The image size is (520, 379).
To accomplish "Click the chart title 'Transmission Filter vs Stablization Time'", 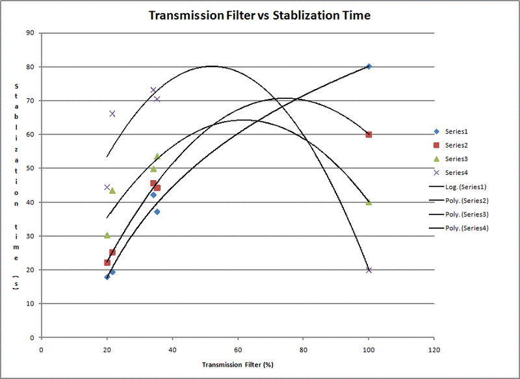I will tap(259, 15).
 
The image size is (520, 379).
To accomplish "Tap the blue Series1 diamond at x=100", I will tap(369, 66).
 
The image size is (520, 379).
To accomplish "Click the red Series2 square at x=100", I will tap(369, 135).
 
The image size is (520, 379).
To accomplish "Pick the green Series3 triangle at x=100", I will tap(369, 202).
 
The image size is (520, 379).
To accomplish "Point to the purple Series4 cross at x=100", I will tap(369, 270).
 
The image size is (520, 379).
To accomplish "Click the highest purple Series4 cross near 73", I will tap(153, 90).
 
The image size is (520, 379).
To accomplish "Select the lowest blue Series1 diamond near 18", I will tap(107, 277).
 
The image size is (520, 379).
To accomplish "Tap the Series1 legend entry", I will tap(456, 131).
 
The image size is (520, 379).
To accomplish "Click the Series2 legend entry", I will tap(456, 145).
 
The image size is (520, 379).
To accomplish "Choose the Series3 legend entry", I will tap(456, 159).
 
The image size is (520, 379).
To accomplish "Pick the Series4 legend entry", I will tap(456, 172).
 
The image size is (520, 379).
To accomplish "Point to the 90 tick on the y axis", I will tap(31, 33).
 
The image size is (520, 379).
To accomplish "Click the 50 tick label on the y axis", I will tap(31, 168).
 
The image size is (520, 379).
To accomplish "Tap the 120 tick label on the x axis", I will tap(434, 349).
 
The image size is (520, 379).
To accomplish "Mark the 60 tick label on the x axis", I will tap(238, 349).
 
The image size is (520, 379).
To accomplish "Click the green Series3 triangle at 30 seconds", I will tap(107, 235).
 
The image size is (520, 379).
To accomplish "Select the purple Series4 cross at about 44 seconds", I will tap(107, 187).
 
